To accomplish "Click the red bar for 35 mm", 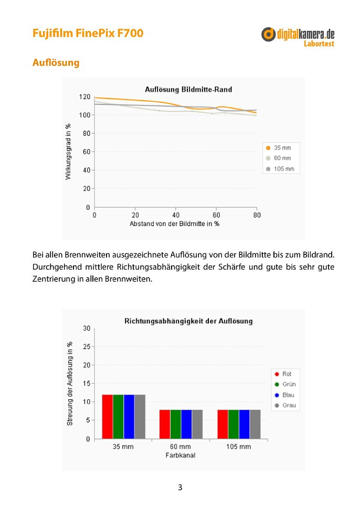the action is (x=108, y=417).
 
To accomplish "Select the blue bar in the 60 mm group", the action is (x=186, y=424).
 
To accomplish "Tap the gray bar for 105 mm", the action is (x=256, y=424).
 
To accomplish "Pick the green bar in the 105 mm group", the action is (x=234, y=424).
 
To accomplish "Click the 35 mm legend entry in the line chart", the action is (x=279, y=147).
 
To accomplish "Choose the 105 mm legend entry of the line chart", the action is (x=280, y=169).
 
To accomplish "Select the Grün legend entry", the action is (x=285, y=384).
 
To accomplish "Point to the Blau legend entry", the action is (x=284, y=395).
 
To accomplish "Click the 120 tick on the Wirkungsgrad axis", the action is (x=84, y=97).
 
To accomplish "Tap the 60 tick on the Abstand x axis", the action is (x=216, y=215).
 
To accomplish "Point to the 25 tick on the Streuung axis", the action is (x=87, y=346).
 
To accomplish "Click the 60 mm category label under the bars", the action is (x=181, y=446).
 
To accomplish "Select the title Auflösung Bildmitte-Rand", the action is (x=188, y=89).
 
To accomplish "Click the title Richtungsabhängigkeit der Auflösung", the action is (x=188, y=321).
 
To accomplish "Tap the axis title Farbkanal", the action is (x=181, y=455).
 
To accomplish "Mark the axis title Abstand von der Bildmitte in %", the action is (x=174, y=224).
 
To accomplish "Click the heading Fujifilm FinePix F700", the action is (x=88, y=33).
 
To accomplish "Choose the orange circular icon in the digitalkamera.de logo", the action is (x=268, y=34).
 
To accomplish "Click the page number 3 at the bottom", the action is (x=180, y=487).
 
